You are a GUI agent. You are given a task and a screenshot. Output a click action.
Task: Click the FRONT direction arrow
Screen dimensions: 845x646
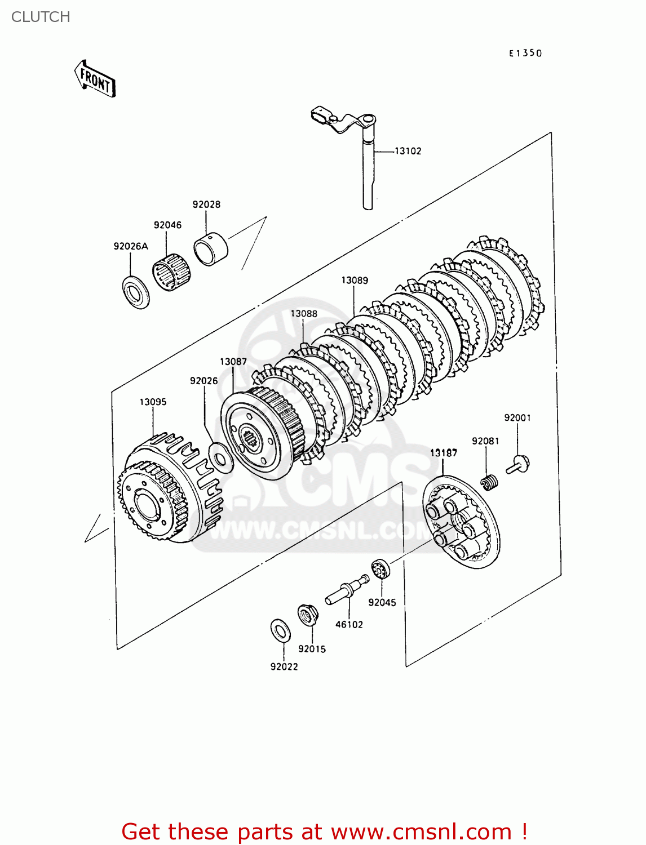pos(95,79)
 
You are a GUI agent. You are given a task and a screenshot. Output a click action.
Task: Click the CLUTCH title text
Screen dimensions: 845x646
pos(41,17)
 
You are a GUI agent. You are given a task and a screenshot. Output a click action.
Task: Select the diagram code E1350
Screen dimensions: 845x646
pos(525,53)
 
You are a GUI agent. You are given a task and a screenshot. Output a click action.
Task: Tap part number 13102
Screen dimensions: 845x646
pos(408,151)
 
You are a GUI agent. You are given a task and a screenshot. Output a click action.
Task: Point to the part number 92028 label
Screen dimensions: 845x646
pos(206,204)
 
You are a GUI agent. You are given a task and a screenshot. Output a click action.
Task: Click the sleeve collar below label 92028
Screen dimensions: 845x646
pos(210,249)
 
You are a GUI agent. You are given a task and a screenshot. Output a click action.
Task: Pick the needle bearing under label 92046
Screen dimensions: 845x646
pos(171,272)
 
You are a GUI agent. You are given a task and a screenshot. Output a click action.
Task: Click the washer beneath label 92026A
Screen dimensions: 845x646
pos(136,292)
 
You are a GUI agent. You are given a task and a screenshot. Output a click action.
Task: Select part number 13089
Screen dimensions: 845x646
pos(355,281)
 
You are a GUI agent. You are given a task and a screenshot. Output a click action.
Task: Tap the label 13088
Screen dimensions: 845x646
pos(304,314)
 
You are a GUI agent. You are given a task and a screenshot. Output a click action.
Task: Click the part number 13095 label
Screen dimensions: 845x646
pos(153,402)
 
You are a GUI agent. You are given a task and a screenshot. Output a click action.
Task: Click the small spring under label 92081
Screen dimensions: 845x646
pos(489,482)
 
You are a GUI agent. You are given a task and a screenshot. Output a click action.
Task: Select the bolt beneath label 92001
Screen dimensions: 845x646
pos(518,465)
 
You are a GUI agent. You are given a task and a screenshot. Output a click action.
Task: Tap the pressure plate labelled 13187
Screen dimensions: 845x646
pos(461,521)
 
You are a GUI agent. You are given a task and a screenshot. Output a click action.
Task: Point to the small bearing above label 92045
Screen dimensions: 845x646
pos(381,570)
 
